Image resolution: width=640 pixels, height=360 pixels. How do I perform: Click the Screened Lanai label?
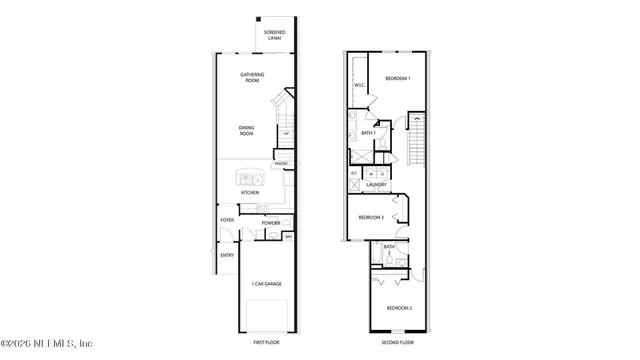[x=274, y=36]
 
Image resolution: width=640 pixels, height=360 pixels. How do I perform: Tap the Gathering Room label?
[x=252, y=78]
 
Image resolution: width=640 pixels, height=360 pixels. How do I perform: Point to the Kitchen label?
[x=249, y=193]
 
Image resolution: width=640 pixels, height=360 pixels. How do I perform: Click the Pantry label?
[x=281, y=164]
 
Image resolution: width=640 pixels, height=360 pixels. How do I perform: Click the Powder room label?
[x=271, y=223]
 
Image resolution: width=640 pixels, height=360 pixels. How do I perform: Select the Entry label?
[x=227, y=255]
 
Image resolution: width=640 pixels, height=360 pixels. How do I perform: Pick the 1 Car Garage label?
[x=266, y=284]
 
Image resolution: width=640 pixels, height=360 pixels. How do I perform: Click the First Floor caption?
[x=266, y=343]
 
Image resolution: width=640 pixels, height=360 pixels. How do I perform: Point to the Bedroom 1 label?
[x=399, y=77]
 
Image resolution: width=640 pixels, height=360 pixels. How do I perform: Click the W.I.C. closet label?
[x=358, y=86]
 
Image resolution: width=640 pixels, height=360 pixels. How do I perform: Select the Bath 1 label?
[x=368, y=132]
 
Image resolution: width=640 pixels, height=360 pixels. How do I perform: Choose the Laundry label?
[x=376, y=184]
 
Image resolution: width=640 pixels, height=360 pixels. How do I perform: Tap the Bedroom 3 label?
[x=371, y=217]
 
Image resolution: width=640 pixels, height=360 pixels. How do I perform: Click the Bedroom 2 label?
[x=400, y=308]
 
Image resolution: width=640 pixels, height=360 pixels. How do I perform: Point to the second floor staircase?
[x=417, y=140]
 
